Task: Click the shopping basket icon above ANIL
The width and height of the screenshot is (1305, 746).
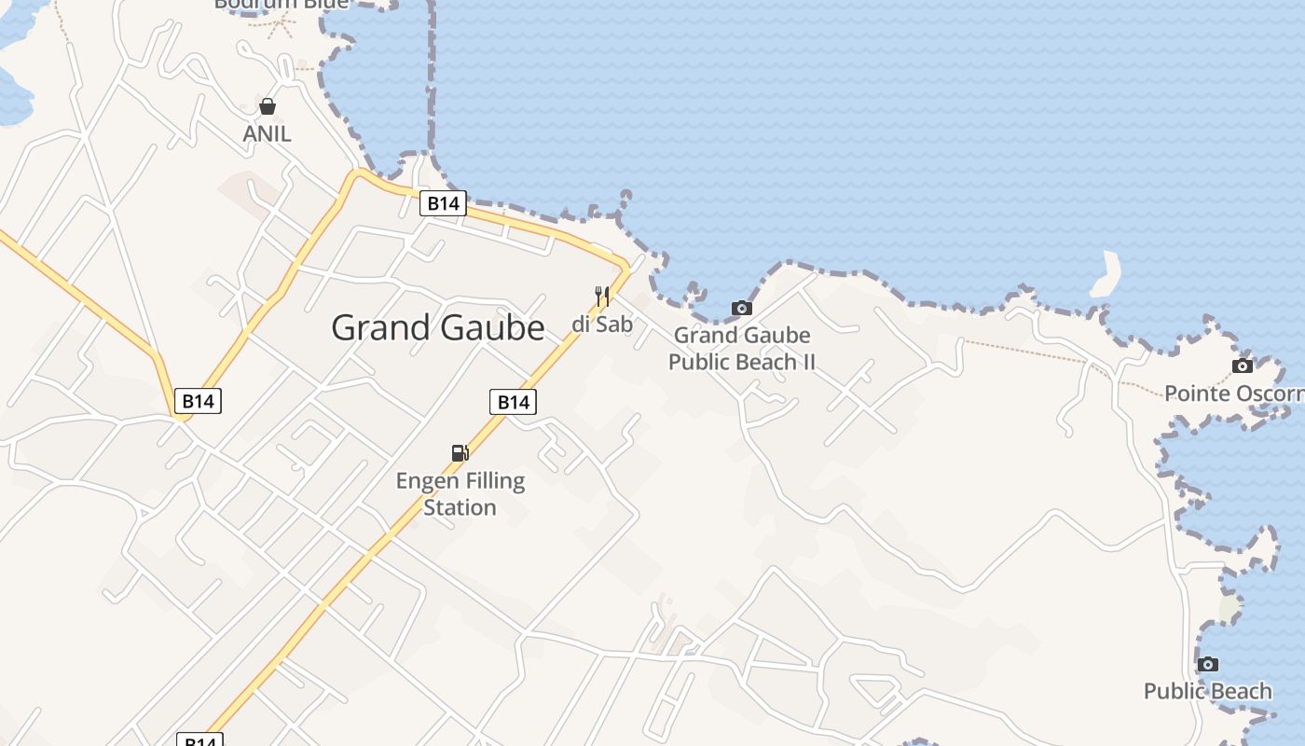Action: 268,106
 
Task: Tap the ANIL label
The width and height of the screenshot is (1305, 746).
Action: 268,133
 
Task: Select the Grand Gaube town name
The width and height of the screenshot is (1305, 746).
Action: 438,327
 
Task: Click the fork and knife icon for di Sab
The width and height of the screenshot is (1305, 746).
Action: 602,297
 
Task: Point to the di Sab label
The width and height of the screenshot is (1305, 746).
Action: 602,325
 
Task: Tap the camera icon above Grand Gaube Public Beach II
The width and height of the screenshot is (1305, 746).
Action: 741,308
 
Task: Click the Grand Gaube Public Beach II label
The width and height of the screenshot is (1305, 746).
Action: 742,348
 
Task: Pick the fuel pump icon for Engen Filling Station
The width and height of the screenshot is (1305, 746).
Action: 460,453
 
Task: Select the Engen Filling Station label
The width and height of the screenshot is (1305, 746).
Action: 460,494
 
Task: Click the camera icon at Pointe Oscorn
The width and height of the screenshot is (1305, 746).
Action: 1243,366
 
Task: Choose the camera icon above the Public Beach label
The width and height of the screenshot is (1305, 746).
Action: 1208,664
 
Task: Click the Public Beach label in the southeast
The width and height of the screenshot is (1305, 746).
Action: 1208,691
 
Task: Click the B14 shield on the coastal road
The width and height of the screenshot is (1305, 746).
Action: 442,203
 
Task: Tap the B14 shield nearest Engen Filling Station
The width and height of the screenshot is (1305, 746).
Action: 513,402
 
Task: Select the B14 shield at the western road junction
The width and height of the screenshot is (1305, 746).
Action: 198,402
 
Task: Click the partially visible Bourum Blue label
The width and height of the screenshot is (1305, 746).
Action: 281,4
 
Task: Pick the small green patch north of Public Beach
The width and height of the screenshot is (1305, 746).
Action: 1229,608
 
